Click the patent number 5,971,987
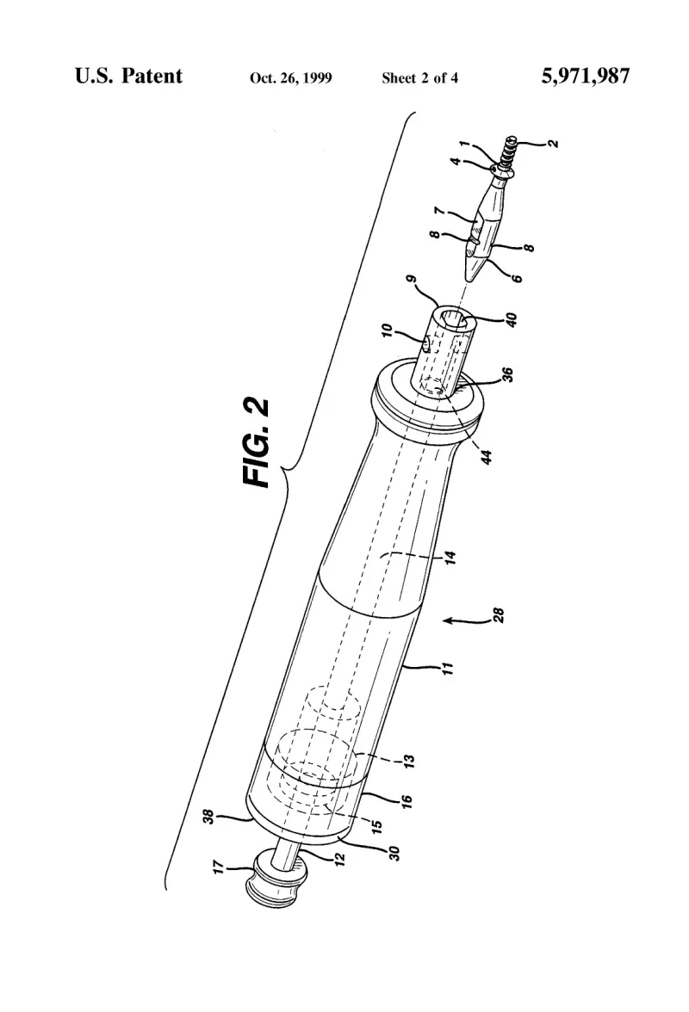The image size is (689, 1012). [585, 77]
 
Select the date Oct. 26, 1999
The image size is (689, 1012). [290, 78]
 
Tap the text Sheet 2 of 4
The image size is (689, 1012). [419, 78]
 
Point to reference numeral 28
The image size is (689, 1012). [498, 616]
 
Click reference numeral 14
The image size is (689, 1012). [450, 557]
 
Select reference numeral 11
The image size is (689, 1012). [448, 668]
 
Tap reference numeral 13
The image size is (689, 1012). [409, 761]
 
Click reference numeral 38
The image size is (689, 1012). [208, 817]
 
